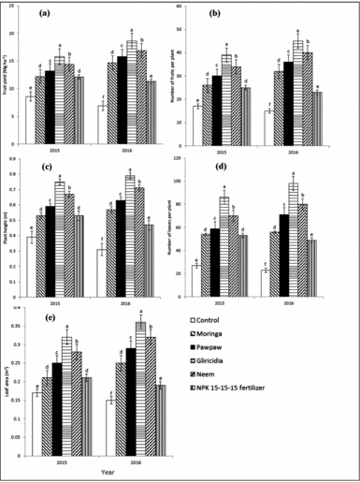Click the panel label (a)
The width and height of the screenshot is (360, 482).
(x=45, y=16)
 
